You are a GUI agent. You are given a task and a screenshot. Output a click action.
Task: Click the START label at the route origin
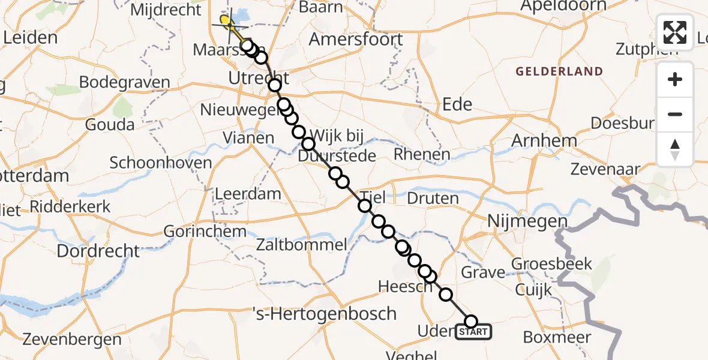pyautogui.click(x=473, y=332)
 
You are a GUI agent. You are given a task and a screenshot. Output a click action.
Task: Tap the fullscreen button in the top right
pyautogui.click(x=675, y=32)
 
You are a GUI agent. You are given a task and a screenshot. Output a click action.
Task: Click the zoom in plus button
pyautogui.click(x=675, y=79)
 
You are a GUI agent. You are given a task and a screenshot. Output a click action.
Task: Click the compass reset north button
pyautogui.click(x=675, y=149)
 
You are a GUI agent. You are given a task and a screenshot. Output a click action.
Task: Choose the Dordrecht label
pyautogui.click(x=98, y=250)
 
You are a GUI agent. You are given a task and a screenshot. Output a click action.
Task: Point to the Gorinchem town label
pyautogui.click(x=205, y=231)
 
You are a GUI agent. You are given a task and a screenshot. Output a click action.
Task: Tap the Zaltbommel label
pyautogui.click(x=301, y=244)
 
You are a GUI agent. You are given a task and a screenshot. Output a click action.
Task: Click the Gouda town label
pyautogui.click(x=110, y=125)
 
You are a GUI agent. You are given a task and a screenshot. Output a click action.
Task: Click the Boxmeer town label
pyautogui.click(x=557, y=337)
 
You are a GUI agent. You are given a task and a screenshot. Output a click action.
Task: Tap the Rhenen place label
pyautogui.click(x=422, y=155)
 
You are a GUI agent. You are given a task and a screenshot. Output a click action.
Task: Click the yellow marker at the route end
pyautogui.click(x=226, y=23)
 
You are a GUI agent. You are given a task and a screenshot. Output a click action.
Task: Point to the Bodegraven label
pyautogui.click(x=124, y=82)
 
